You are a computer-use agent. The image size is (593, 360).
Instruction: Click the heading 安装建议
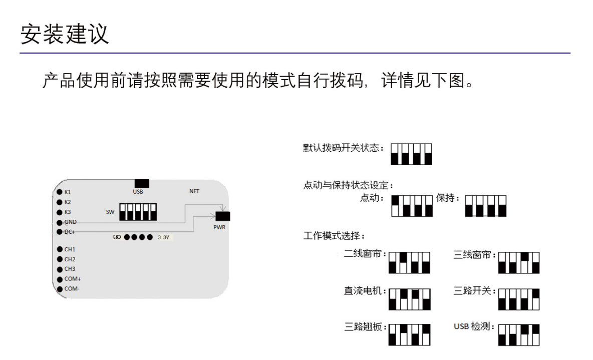pyautogui.click(x=65, y=34)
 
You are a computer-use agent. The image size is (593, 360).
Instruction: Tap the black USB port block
pyautogui.click(x=142, y=183)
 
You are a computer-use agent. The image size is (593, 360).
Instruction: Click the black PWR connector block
pyautogui.click(x=223, y=216)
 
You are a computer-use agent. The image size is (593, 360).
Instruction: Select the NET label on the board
pyautogui.click(x=194, y=191)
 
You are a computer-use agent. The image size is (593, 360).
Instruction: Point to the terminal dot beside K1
pyautogui.click(x=60, y=192)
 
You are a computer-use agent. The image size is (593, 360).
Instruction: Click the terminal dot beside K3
pyautogui.click(x=60, y=212)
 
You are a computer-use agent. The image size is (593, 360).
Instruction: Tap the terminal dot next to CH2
pyautogui.click(x=60, y=259)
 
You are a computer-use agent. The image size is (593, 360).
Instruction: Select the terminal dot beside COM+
pyautogui.click(x=60, y=279)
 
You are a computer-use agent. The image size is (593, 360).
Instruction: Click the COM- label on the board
pyautogui.click(x=72, y=288)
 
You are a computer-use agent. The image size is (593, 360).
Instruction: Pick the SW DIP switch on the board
pyautogui.click(x=138, y=212)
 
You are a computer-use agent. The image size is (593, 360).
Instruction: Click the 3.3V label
pyautogui.click(x=163, y=237)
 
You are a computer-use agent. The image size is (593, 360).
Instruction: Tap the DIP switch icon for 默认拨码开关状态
pyautogui.click(x=411, y=154)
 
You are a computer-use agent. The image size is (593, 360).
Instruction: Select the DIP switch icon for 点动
pyautogui.click(x=412, y=206)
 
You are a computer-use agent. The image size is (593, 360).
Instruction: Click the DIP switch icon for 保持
pyautogui.click(x=486, y=206)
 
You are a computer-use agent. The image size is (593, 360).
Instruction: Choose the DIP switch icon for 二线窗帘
pyautogui.click(x=409, y=262)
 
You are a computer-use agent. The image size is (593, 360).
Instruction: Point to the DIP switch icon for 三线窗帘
pyautogui.click(x=519, y=262)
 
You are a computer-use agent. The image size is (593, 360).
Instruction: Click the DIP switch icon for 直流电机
pyautogui.click(x=410, y=299)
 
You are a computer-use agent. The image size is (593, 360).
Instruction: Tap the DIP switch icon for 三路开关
pyautogui.click(x=519, y=299)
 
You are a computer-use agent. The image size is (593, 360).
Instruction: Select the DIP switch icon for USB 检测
pyautogui.click(x=519, y=334)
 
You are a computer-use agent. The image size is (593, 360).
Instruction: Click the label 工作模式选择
pyautogui.click(x=335, y=236)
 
